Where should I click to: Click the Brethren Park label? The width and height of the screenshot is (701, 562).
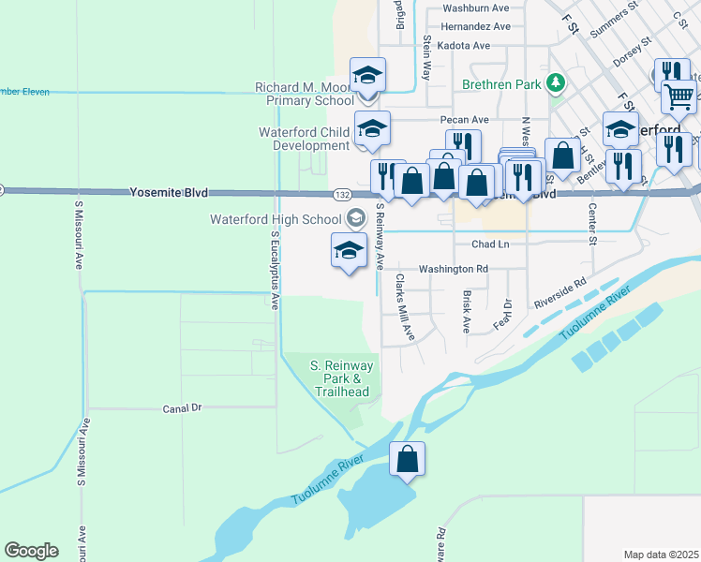pos(501,83)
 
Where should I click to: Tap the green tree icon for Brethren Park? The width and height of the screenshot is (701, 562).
pos(556,82)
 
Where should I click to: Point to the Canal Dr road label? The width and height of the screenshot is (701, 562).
pos(183,408)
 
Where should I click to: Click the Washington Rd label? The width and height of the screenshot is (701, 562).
pos(454,269)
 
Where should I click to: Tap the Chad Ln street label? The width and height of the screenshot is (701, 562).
pos(490,244)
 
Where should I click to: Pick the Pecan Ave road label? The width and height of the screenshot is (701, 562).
pos(465,120)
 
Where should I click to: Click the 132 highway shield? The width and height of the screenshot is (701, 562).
pos(341,194)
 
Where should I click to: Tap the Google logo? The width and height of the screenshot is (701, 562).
pos(31,551)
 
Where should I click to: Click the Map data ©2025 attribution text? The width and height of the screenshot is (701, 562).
pos(661,555)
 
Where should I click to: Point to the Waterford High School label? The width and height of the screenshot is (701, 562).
pos(275,219)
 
